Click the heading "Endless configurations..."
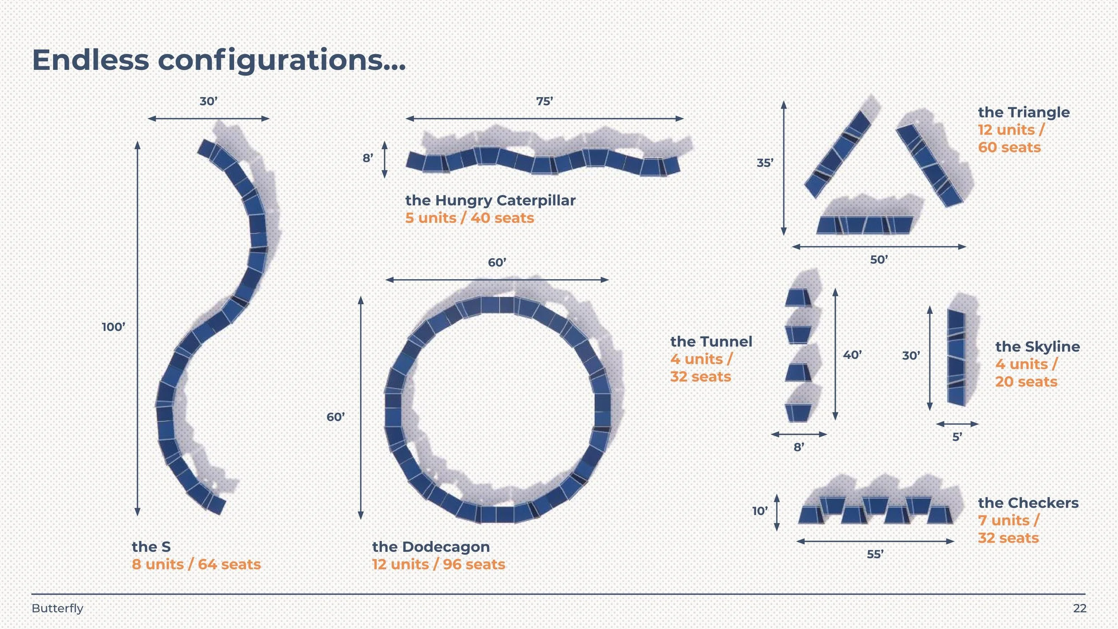219,60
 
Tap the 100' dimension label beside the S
114,327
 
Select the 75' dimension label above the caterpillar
545,102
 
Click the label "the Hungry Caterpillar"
490,200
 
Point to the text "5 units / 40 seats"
470,218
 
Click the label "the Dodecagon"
431,547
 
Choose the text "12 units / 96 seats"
438,564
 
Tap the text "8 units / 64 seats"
196,564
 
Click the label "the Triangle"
1024,112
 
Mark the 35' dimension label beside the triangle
765,163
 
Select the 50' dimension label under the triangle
879,260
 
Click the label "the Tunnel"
711,342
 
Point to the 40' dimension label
852,355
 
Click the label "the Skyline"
1038,347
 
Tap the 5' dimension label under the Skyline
957,437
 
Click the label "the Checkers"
1028,503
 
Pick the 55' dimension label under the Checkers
875,554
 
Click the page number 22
1080,608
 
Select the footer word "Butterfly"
57,608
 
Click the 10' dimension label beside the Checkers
760,511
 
